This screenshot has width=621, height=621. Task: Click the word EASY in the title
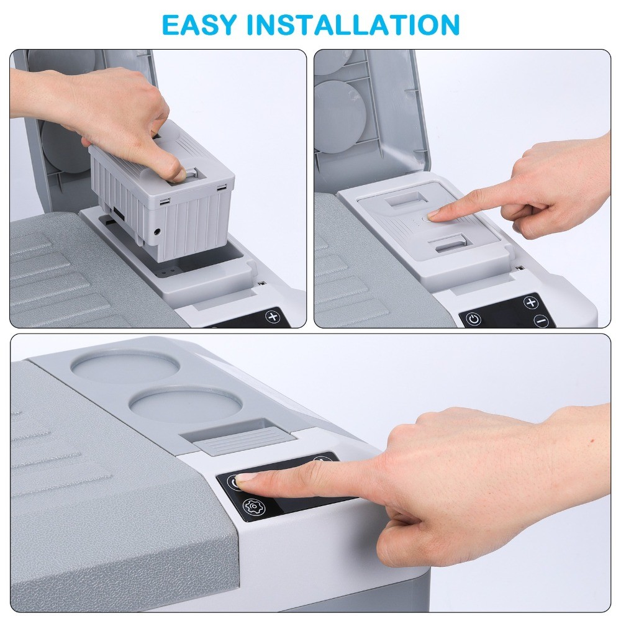[x=199, y=25]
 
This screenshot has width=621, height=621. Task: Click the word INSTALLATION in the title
[x=353, y=25]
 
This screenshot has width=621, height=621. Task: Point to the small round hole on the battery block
[x=158, y=232]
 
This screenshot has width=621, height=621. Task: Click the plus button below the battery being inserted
[x=273, y=317]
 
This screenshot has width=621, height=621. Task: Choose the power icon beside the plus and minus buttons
[x=473, y=319]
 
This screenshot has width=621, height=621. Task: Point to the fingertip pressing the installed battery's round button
[x=435, y=214]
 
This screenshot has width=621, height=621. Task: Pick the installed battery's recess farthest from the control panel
[x=404, y=199]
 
